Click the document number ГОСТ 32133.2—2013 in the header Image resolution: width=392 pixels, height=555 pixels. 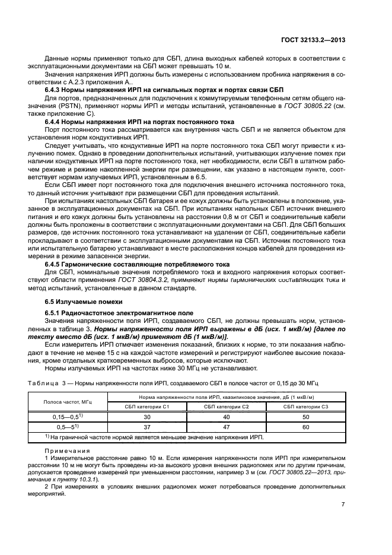click(314, 40)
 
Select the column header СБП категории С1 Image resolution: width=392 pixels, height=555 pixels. click(147, 406)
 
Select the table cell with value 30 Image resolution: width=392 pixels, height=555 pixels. click(147, 417)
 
